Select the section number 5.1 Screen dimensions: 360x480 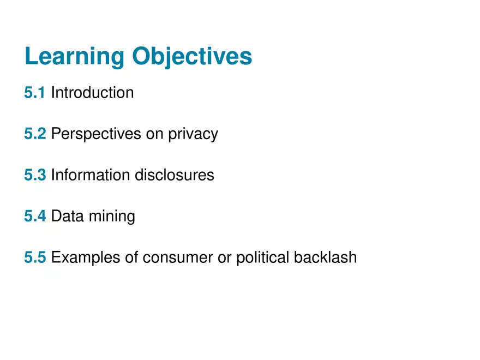click(x=35, y=93)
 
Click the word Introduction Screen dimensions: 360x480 click(x=92, y=93)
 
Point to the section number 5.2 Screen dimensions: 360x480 click(x=35, y=134)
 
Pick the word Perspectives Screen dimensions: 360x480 click(x=96, y=134)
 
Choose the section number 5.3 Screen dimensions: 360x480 click(x=35, y=175)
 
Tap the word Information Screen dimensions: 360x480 click(x=91, y=175)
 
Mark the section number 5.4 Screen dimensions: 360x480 click(x=35, y=217)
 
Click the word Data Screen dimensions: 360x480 click(x=65, y=217)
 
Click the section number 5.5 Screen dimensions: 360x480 click(x=35, y=257)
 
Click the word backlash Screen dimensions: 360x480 click(x=325, y=257)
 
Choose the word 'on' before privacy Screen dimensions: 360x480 click(x=154, y=134)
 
